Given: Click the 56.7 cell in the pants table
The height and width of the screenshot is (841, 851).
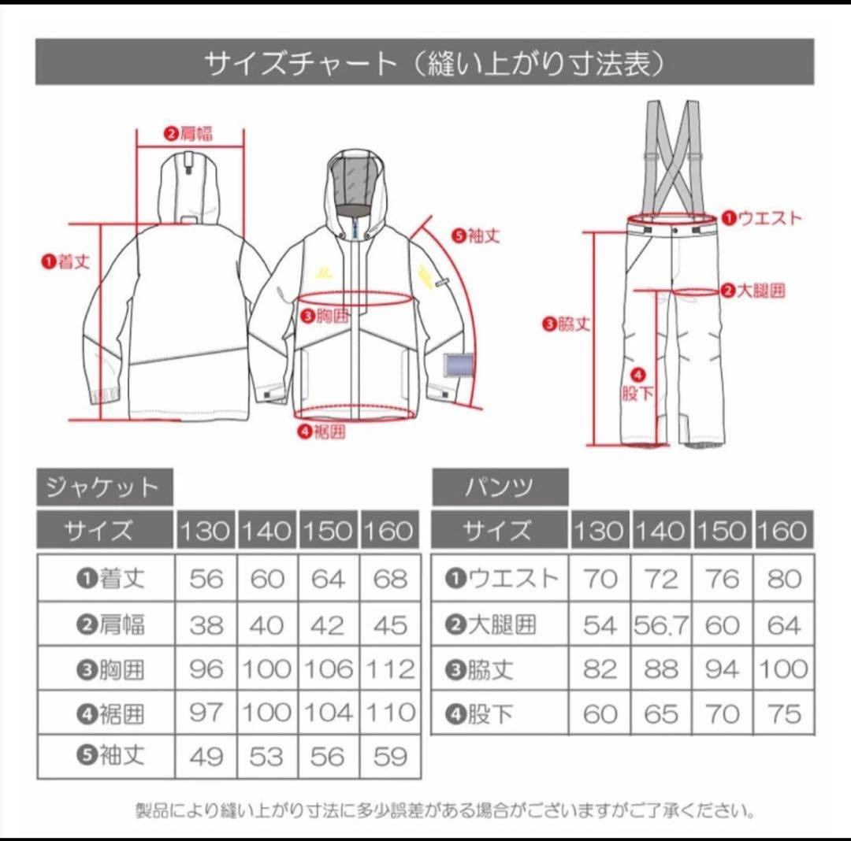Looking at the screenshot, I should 660,626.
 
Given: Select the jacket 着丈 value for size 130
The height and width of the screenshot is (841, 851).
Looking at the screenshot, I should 206,580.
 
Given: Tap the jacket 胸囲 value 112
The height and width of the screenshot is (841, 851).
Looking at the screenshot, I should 390,670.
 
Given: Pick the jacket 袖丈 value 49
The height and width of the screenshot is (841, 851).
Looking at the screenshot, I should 206,758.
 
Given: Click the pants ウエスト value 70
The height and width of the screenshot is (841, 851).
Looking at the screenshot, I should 600,580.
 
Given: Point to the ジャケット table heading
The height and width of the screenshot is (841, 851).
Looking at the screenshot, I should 103,488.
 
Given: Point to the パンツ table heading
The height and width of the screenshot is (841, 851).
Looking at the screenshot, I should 500,487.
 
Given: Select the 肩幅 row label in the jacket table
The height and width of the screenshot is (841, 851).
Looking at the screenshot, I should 111,625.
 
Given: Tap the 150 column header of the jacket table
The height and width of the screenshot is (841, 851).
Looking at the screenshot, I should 328,532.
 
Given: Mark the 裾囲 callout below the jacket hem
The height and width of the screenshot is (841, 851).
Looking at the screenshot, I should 321,431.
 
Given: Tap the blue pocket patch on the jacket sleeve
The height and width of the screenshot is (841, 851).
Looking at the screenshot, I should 459,365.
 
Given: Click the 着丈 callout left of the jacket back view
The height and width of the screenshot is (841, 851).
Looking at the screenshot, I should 66,261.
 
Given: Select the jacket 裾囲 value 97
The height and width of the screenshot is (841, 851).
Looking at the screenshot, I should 206,714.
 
